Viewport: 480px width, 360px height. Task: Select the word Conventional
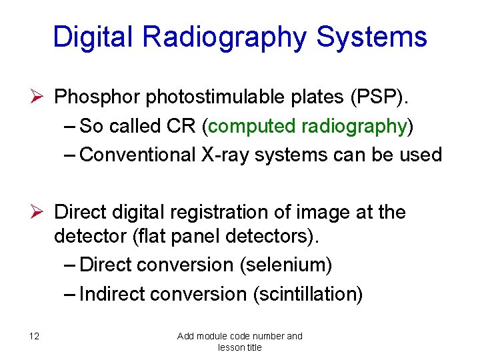137,155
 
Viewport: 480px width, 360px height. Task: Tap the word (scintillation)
307,293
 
